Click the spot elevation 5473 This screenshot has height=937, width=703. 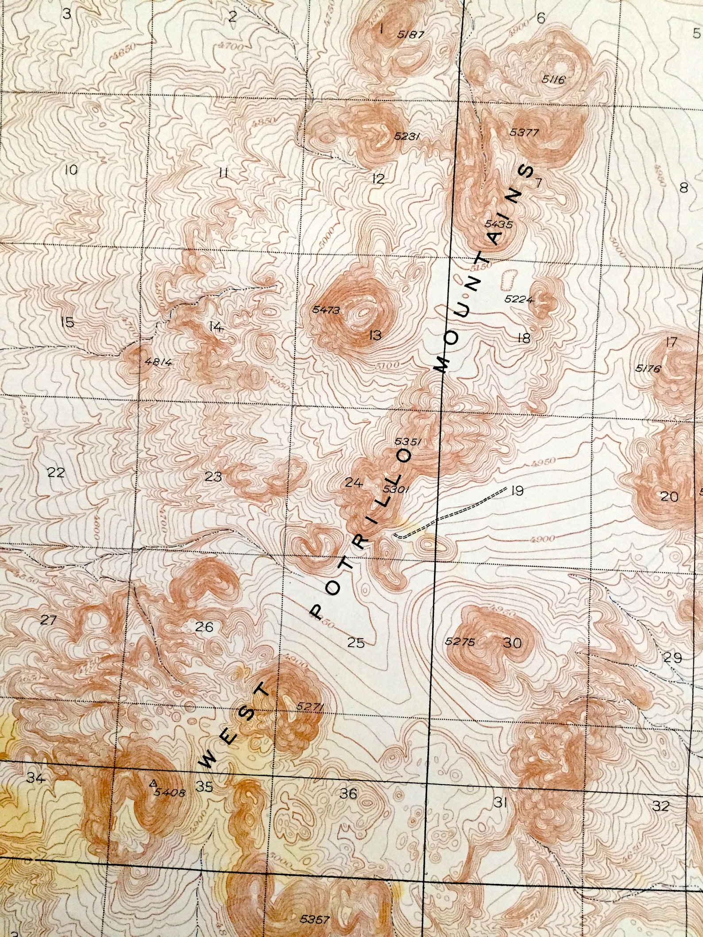326,310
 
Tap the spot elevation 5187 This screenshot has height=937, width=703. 411,35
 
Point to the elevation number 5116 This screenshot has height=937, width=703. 553,80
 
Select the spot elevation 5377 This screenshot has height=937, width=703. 524,132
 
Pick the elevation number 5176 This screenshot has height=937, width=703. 648,368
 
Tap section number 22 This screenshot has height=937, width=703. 56,473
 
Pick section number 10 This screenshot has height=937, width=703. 71,170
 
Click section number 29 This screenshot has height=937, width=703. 672,658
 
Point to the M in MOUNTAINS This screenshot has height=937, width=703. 442,365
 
